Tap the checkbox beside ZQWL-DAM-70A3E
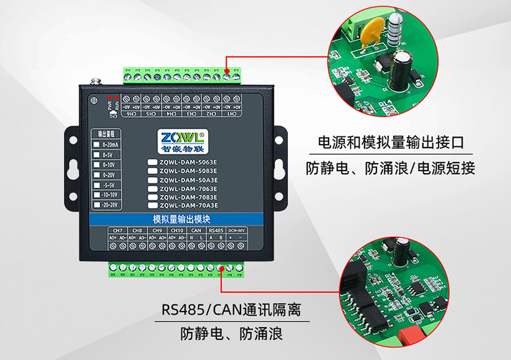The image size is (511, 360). [x=152, y=206]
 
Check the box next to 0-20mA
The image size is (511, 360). [x=96, y=144]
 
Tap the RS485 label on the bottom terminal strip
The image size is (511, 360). [x=216, y=230]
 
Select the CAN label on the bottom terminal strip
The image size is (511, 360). [x=196, y=230]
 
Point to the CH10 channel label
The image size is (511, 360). [x=176, y=230]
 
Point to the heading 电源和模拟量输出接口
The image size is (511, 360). [x=391, y=142]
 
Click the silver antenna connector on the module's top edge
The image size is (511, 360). [x=96, y=80]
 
